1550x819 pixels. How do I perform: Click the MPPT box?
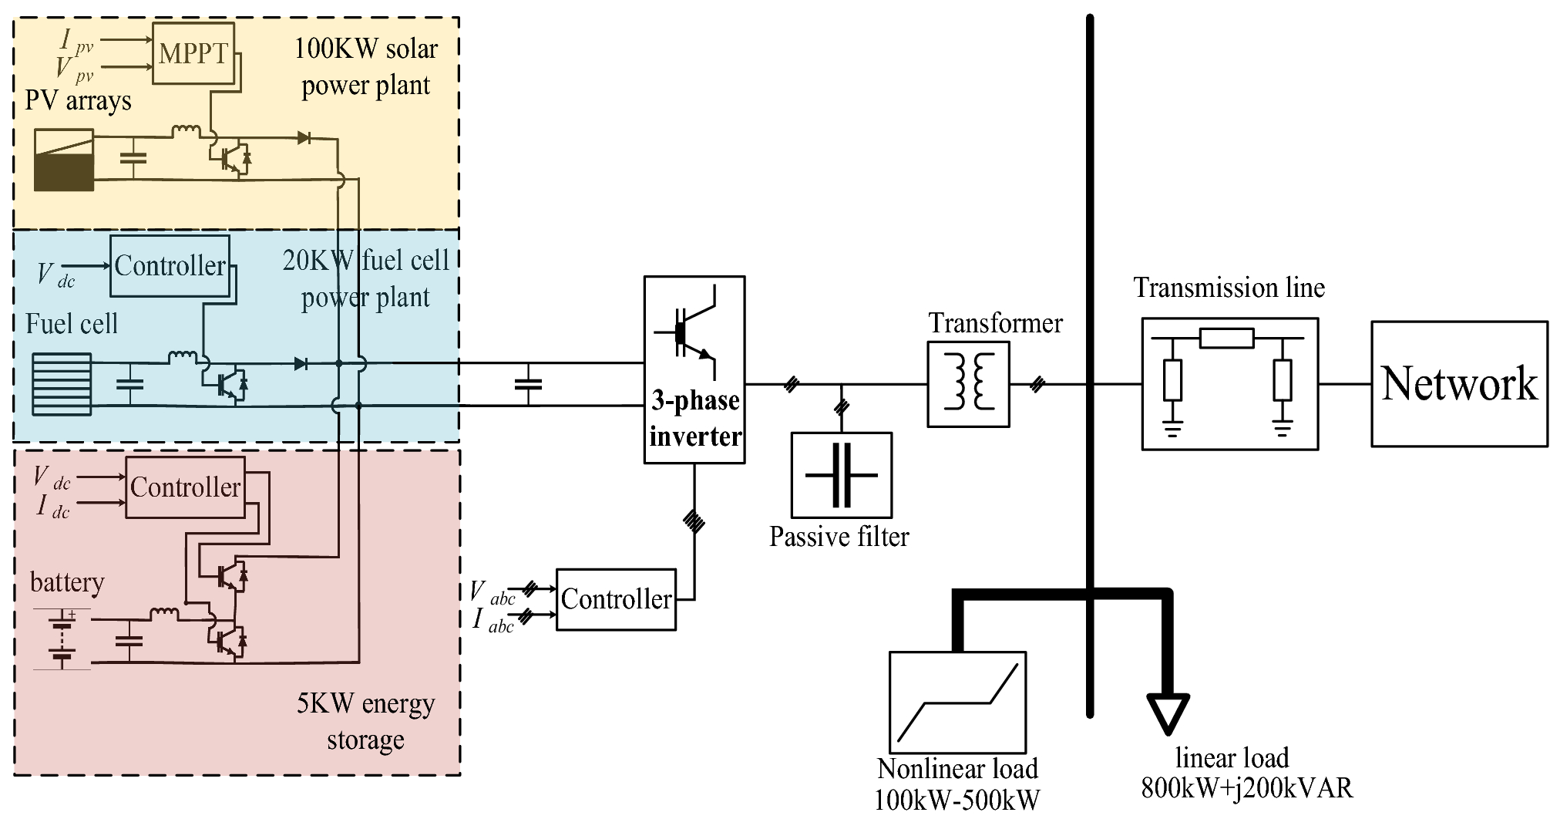click(x=193, y=53)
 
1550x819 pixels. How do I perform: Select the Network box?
click(x=1459, y=383)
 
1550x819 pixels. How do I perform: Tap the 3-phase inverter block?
click(x=694, y=369)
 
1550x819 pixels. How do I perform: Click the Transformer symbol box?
click(x=968, y=384)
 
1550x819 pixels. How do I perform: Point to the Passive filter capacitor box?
click(x=841, y=475)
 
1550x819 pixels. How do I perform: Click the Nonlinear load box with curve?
click(x=957, y=703)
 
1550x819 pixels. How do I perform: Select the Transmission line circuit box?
click(x=1229, y=383)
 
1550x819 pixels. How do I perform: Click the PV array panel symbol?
click(x=64, y=160)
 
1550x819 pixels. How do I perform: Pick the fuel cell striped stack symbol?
click(x=62, y=383)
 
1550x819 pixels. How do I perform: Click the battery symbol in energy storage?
click(x=62, y=639)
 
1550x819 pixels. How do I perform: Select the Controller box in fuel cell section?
click(x=170, y=266)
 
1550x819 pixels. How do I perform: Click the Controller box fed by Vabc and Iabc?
click(x=616, y=599)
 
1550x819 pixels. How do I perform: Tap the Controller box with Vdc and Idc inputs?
click(x=185, y=487)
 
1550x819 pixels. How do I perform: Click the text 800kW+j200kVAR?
click(x=1246, y=788)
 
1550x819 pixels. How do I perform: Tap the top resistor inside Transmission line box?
click(x=1227, y=338)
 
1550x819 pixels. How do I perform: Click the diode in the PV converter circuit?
click(x=304, y=138)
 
